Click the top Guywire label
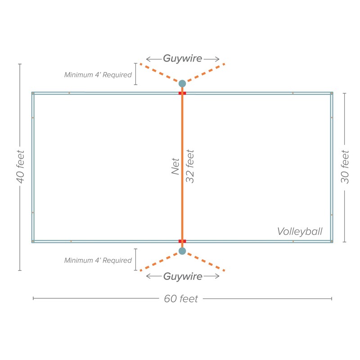point(182,58)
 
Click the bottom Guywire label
point(182,276)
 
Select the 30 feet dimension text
point(345,166)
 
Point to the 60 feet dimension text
point(181,299)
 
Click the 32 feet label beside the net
point(190,166)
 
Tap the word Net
point(175,166)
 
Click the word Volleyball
point(300,232)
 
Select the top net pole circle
point(182,83)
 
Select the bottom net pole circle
point(182,251)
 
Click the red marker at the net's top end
point(182,93)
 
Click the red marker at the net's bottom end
point(182,241)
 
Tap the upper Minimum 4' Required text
point(98,75)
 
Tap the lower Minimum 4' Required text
point(98,260)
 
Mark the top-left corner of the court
point(33,93)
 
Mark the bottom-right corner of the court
point(332,241)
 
